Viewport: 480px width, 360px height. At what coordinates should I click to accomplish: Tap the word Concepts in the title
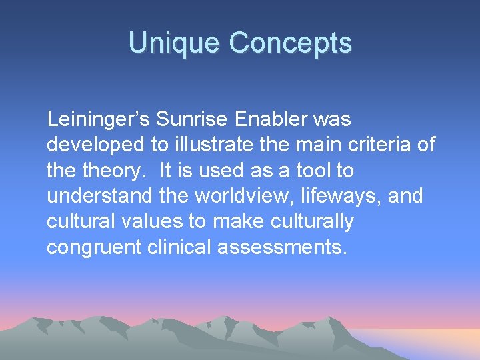(290, 43)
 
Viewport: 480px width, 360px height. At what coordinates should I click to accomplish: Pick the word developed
(87, 145)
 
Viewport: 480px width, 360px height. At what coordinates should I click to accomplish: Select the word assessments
(288, 247)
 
